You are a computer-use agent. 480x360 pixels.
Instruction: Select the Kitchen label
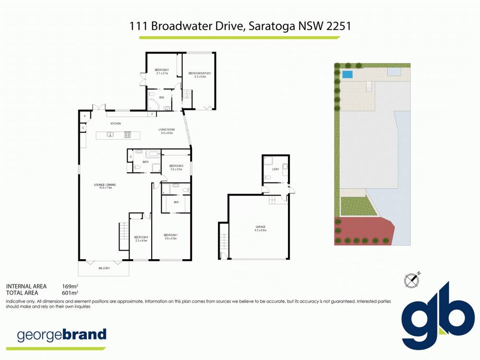[x=116, y=124]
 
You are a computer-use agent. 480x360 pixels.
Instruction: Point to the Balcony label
[x=104, y=268]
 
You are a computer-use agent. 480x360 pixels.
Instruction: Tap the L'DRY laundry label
[x=275, y=169]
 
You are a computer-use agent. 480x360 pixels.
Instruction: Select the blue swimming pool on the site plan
[x=347, y=75]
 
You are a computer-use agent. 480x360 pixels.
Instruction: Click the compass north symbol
[x=411, y=279]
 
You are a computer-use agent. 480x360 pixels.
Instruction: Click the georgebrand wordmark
[x=61, y=335]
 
